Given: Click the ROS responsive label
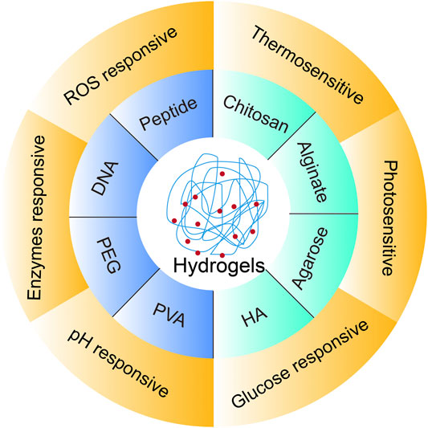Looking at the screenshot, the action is [x=120, y=66].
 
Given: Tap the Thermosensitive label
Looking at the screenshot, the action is [x=308, y=65].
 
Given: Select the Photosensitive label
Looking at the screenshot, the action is [x=389, y=218].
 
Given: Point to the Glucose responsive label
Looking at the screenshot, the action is [x=300, y=365].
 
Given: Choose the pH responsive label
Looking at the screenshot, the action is [x=118, y=363].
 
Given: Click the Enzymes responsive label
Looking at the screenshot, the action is [x=36, y=218].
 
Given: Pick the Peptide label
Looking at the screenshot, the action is [x=168, y=114].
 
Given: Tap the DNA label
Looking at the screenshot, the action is [x=105, y=178].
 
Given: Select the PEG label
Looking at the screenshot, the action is [x=109, y=255].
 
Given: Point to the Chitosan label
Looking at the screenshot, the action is [x=256, y=114].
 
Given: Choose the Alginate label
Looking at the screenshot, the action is [x=312, y=172].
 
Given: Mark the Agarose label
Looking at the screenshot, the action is [x=310, y=259].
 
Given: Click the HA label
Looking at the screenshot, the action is [x=255, y=317].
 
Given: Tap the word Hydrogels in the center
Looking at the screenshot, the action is [x=219, y=266].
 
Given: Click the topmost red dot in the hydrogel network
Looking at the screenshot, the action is [x=222, y=173].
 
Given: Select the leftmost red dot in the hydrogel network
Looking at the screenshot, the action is [x=174, y=221].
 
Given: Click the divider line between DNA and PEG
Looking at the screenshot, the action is [x=103, y=218].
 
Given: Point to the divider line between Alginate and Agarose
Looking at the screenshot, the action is [x=324, y=214].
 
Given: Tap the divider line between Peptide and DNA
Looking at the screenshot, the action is [x=134, y=137].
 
